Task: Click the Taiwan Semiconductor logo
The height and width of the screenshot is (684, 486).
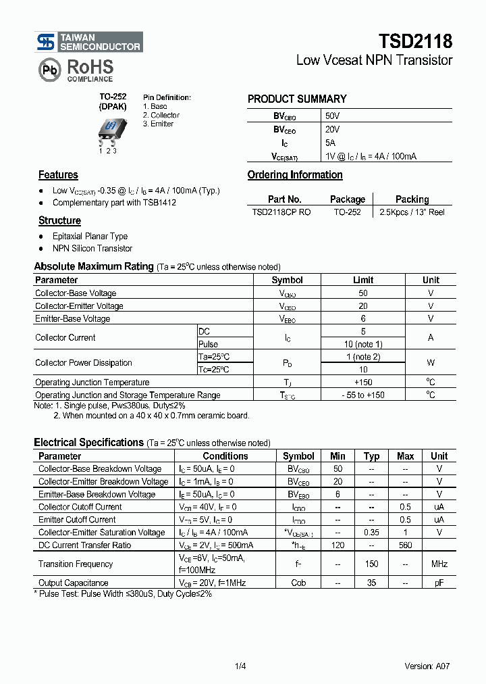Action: tap(88, 43)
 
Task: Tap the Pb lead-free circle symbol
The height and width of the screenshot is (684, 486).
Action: tap(49, 69)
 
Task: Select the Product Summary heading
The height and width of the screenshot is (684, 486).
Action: tap(297, 99)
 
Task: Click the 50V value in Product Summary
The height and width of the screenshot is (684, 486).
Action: tap(332, 116)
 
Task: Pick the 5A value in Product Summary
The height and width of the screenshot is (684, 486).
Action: tap(330, 143)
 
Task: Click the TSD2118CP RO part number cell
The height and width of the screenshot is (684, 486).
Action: tap(281, 212)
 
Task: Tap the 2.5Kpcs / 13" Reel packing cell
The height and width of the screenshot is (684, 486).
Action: tap(412, 212)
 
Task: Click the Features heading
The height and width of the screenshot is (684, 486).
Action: tap(58, 175)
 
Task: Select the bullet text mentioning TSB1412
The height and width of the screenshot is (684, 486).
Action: tap(114, 203)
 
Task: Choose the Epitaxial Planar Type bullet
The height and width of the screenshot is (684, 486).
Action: tap(90, 237)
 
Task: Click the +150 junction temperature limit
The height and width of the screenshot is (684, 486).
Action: tap(363, 383)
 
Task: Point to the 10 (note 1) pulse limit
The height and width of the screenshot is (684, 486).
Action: tap(363, 344)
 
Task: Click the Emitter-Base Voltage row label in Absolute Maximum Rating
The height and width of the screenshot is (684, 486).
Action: tap(72, 318)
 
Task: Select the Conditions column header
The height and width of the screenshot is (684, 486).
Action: tap(225, 456)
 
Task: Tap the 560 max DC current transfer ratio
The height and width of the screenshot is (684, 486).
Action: tap(405, 545)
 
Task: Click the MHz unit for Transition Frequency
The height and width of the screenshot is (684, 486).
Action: tap(439, 564)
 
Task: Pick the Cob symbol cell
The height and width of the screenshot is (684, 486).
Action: tap(298, 583)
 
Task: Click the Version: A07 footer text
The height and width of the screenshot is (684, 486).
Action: tap(427, 666)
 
